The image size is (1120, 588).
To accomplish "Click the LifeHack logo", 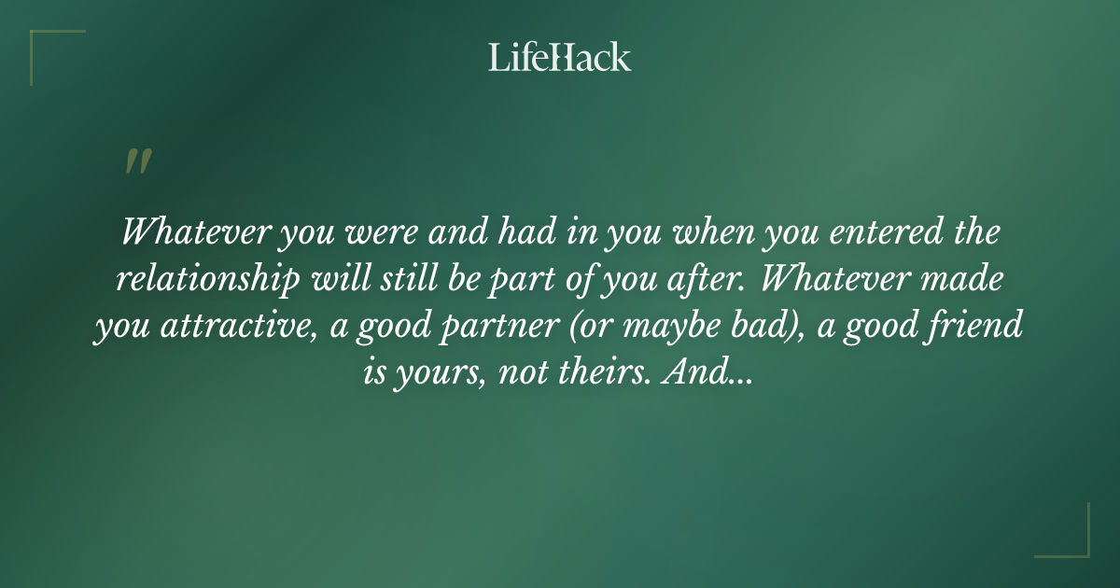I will (560, 57).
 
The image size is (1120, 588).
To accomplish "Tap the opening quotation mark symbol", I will (137, 161).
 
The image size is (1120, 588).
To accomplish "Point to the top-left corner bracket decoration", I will (47, 47).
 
